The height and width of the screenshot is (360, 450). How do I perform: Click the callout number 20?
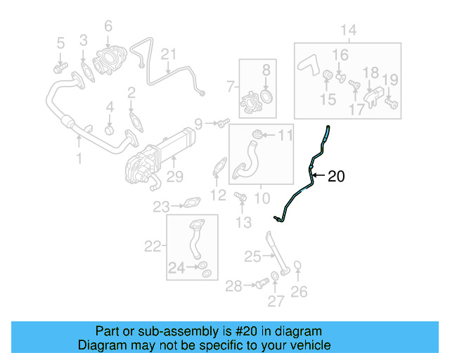[336, 176]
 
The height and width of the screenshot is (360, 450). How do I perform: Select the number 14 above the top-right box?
[349, 30]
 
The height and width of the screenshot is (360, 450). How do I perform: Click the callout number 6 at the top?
[108, 27]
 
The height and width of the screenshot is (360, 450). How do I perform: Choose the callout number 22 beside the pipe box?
[153, 246]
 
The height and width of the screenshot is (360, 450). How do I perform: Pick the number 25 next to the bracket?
[252, 257]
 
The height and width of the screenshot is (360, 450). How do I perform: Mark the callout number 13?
[243, 223]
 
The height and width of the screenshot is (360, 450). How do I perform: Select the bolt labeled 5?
[59, 67]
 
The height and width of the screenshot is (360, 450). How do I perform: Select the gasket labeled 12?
[219, 169]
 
